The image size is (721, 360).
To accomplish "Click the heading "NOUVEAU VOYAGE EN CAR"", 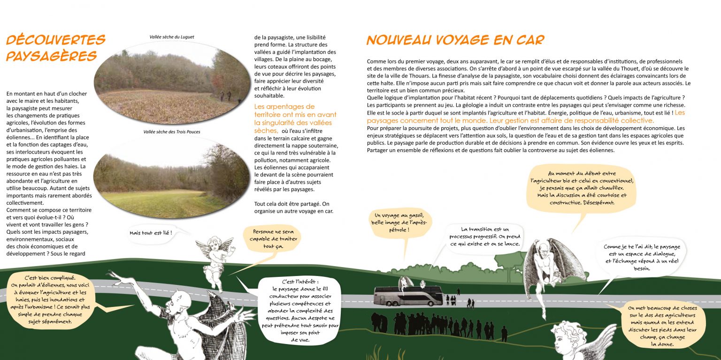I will pyautogui.click(x=455, y=40).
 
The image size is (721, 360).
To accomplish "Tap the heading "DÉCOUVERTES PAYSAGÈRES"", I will pyautogui.click(x=55, y=48).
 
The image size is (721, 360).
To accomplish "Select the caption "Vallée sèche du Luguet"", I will pyautogui.click(x=172, y=37).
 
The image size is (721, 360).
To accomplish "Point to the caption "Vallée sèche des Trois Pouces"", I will pyautogui.click(x=172, y=132).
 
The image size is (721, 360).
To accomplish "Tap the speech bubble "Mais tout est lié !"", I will pyautogui.click(x=151, y=233).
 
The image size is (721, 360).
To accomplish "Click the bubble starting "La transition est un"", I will pyautogui.click(x=485, y=237).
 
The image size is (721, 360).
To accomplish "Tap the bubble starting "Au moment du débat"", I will pyautogui.click(x=582, y=188).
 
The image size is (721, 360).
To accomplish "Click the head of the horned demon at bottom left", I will pyautogui.click(x=176, y=306).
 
